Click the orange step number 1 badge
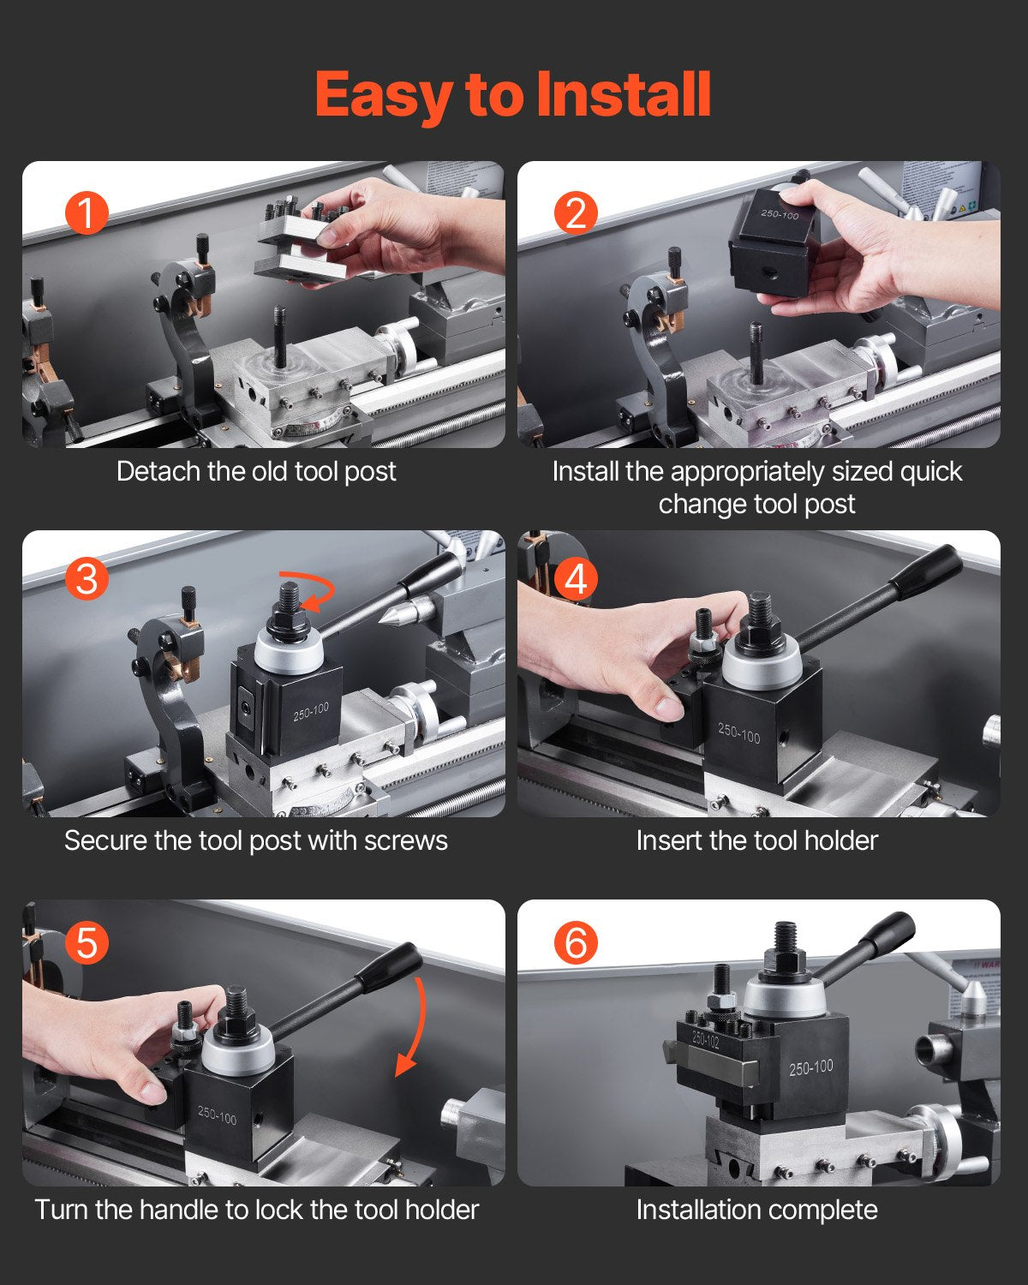(x=87, y=212)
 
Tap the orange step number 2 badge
(x=576, y=212)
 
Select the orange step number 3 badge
(x=87, y=579)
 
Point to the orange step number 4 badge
(x=576, y=579)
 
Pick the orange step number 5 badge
(x=87, y=943)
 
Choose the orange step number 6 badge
(x=576, y=943)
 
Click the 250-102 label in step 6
(x=706, y=1039)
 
